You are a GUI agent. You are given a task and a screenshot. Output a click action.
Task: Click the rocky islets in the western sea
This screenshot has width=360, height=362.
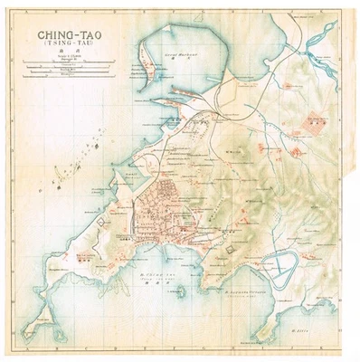63,181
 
